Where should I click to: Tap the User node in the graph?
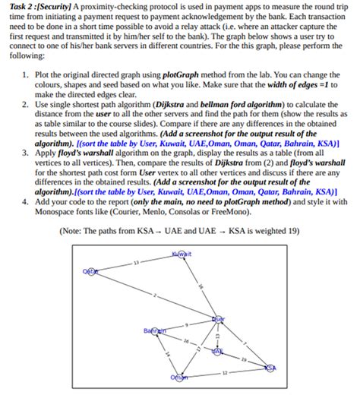(219, 319)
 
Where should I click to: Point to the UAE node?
(218, 353)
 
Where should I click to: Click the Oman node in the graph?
(180, 378)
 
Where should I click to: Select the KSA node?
(271, 368)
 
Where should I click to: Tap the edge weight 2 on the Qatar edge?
(155, 295)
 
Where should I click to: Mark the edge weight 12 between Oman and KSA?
(225, 372)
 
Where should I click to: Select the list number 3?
(25, 153)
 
